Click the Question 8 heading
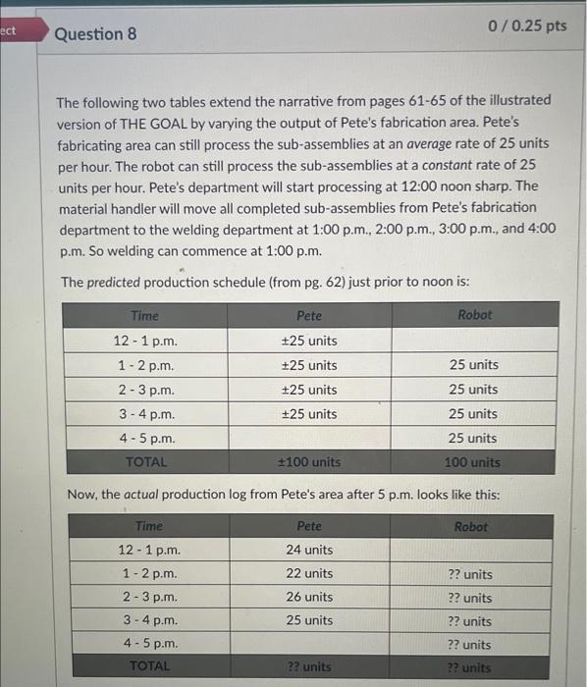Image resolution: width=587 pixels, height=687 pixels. coord(95,34)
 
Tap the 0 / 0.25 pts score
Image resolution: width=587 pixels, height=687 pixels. coord(526,26)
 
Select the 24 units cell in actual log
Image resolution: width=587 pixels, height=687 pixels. coord(309,550)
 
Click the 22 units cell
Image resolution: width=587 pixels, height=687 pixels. coord(309,573)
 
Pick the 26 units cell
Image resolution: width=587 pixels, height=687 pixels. coord(309,597)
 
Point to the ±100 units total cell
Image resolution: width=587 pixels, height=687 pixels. coord(309,462)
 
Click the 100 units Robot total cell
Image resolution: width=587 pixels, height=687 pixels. coord(472,462)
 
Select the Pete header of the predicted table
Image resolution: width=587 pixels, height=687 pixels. coord(309,315)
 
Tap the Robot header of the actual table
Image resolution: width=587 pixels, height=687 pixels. coord(471,526)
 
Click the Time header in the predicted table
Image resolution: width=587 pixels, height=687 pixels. coord(144,315)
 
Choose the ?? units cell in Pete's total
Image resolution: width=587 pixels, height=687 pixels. coord(309,667)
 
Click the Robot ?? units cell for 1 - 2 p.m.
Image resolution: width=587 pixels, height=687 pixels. coord(471,574)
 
